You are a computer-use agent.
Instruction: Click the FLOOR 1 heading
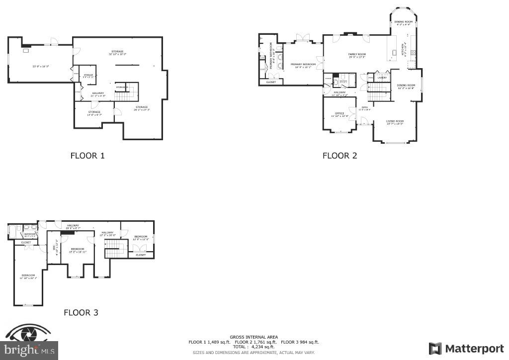pyautogui.click(x=87, y=156)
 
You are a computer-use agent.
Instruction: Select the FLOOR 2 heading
pyautogui.click(x=339, y=156)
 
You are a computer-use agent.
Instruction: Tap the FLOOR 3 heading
pyautogui.click(x=81, y=313)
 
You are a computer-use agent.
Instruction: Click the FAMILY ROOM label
pyautogui.click(x=357, y=54)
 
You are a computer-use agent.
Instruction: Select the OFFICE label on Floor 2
pyautogui.click(x=339, y=114)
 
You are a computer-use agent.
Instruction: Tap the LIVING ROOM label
pyautogui.click(x=395, y=121)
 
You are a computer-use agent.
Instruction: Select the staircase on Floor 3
pyautogui.click(x=113, y=248)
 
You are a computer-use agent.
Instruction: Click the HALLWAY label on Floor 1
pyautogui.click(x=97, y=93)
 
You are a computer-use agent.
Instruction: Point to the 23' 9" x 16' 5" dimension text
pyautogui.click(x=41, y=66)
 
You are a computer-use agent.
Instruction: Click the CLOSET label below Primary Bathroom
pyautogui.click(x=271, y=82)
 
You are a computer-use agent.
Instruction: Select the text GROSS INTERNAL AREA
pyautogui.click(x=254, y=337)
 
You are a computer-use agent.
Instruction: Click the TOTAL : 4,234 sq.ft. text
pyautogui.click(x=254, y=347)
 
